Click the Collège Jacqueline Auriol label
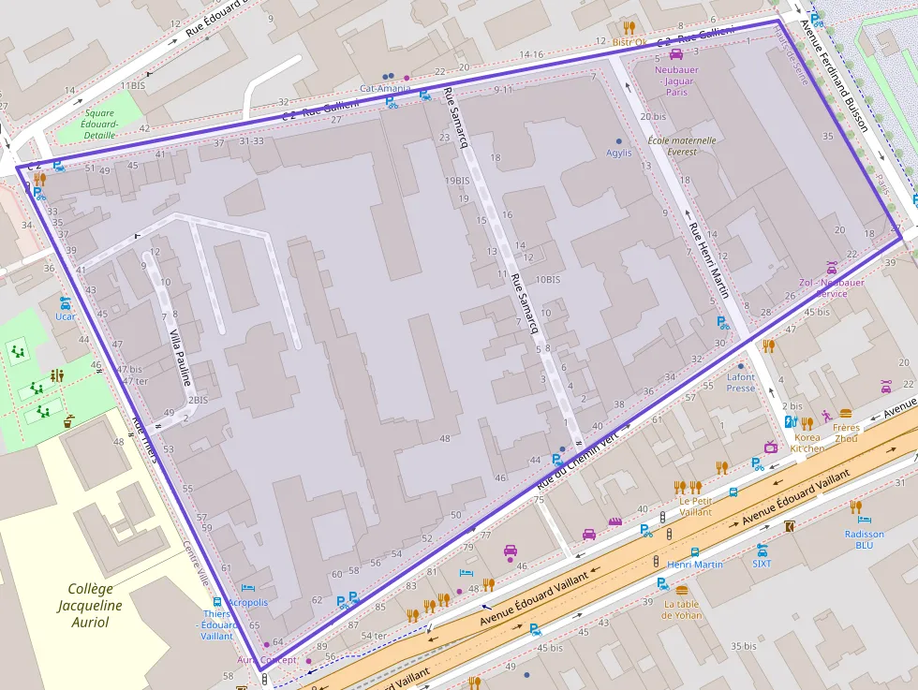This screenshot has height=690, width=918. point(90,605)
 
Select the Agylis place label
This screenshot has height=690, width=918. point(618,153)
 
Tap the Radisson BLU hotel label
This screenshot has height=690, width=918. point(864,539)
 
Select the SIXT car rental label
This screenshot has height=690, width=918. point(762,563)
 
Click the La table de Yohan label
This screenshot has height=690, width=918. point(682,609)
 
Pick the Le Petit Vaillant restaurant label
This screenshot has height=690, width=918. point(695,506)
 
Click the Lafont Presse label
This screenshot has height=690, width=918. point(740,382)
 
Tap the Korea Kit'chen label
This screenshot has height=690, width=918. point(807,443)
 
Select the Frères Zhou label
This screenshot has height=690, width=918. point(846,433)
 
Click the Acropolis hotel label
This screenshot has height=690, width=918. point(247,602)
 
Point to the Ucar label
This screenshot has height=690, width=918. point(65,316)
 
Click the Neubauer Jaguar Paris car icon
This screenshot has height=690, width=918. point(675,55)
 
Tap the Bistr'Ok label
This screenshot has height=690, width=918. point(629,41)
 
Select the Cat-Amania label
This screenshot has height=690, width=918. point(385,88)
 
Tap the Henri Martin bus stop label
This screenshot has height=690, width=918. point(694,565)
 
